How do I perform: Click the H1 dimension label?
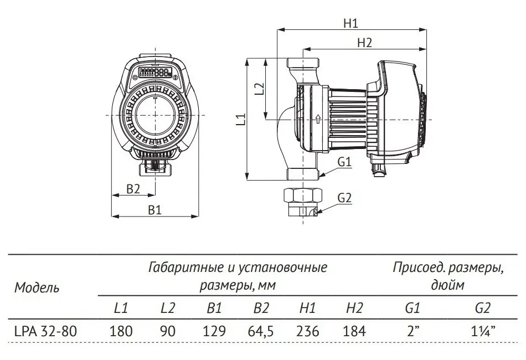(x=350, y=23)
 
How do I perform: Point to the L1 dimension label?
(x=240, y=120)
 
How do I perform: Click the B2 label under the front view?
(x=133, y=189)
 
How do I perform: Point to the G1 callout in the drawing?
(x=344, y=162)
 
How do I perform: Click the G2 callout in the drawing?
(x=344, y=198)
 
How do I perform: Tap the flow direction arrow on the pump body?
(x=318, y=119)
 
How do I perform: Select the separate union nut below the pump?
(x=303, y=197)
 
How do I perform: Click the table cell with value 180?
(x=121, y=331)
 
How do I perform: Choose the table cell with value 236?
(x=308, y=331)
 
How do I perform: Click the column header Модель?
(x=37, y=287)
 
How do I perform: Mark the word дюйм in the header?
(x=447, y=286)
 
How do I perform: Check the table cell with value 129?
(x=214, y=331)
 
